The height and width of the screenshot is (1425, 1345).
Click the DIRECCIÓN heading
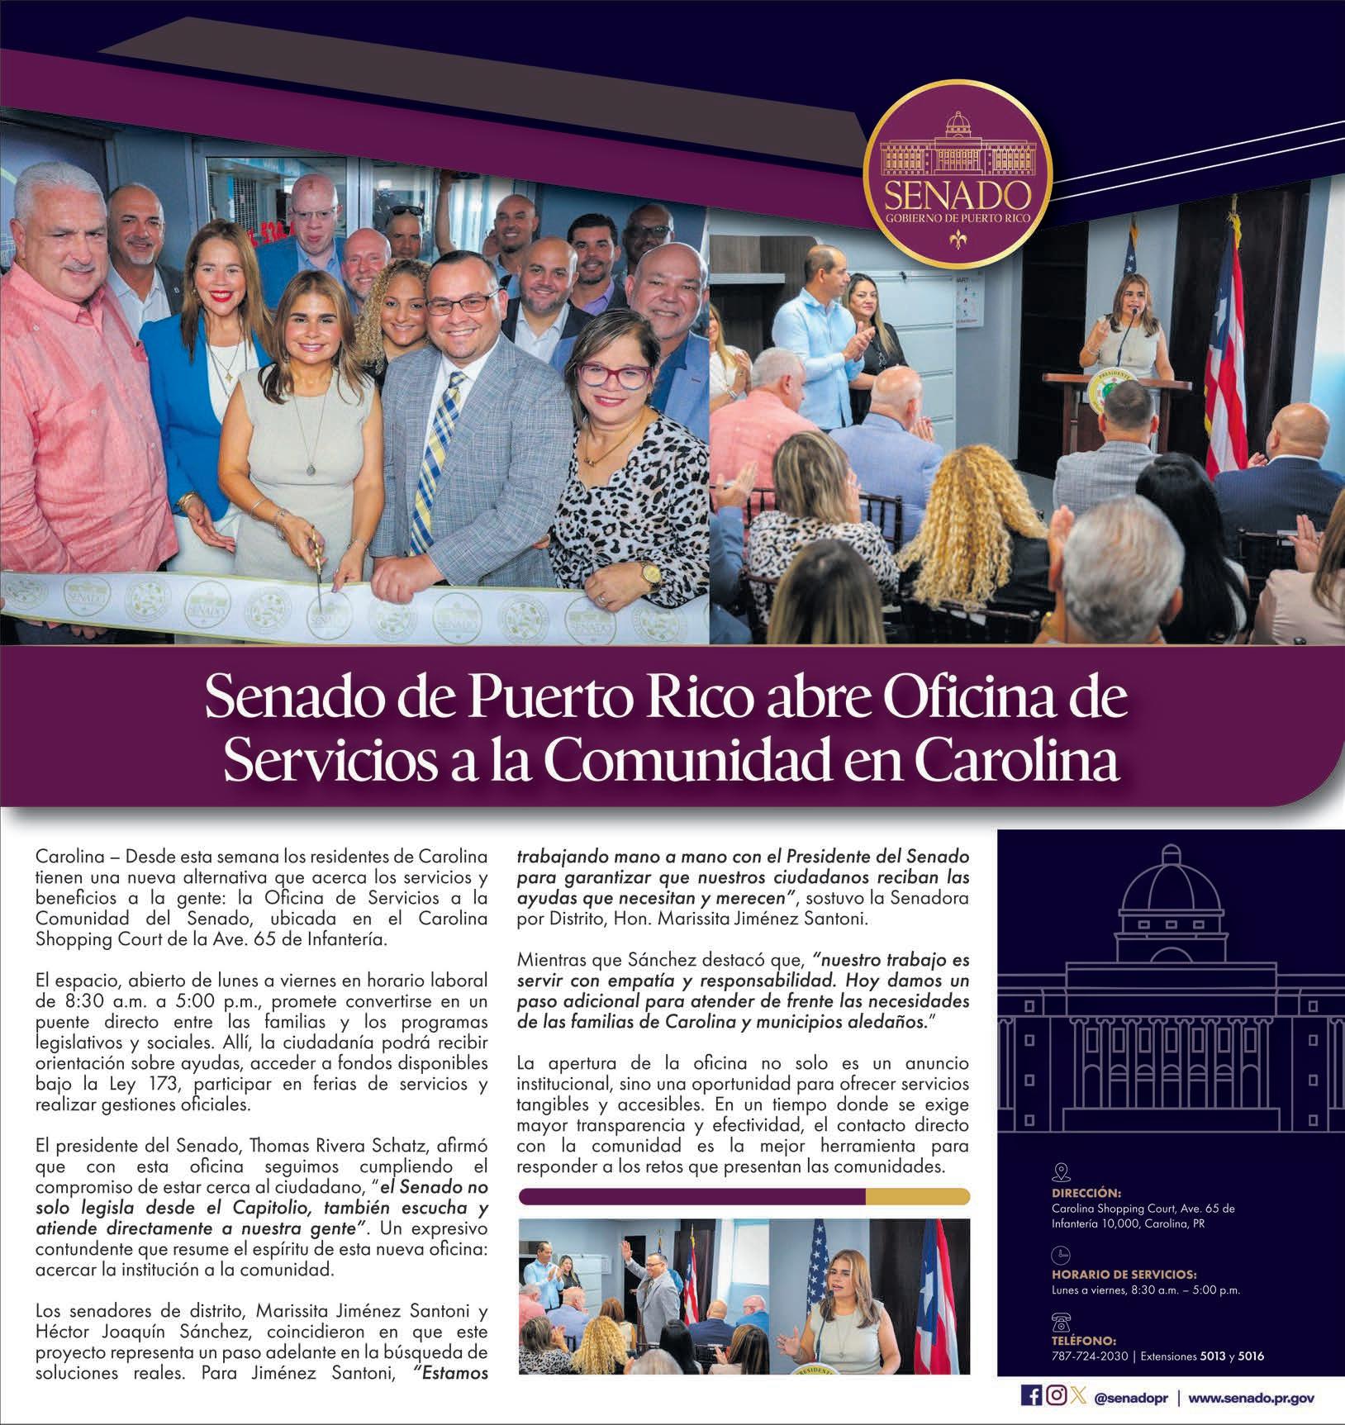pos(1086,1193)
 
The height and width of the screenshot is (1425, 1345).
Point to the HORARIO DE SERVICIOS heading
pos(1124,1275)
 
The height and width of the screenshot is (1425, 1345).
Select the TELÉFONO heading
pos(1084,1341)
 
